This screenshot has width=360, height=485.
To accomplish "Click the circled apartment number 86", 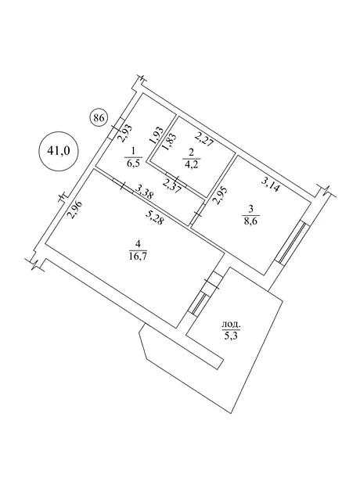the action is pyautogui.click(x=98, y=118).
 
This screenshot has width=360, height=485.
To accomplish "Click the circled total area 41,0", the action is pyautogui.click(x=59, y=151).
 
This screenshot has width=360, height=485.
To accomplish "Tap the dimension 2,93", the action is pyautogui.click(x=126, y=133).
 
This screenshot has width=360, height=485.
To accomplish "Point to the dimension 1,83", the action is pyautogui.click(x=169, y=142).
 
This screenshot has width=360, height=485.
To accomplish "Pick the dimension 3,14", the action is pyautogui.click(x=270, y=185).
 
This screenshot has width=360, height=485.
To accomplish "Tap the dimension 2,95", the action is pyautogui.click(x=219, y=196).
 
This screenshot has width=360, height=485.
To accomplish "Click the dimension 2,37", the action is pyautogui.click(x=171, y=186).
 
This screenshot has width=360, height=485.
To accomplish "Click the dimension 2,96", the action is pyautogui.click(x=75, y=210).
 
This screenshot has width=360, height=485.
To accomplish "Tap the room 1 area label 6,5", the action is pyautogui.click(x=133, y=157).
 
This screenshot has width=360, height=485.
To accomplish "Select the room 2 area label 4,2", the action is pyautogui.click(x=191, y=158).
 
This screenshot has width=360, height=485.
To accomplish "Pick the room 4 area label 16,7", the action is pyautogui.click(x=138, y=250).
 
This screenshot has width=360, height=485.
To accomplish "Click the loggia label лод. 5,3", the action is pyautogui.click(x=231, y=330).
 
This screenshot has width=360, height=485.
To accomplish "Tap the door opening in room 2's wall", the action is pyautogui.click(x=177, y=180).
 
